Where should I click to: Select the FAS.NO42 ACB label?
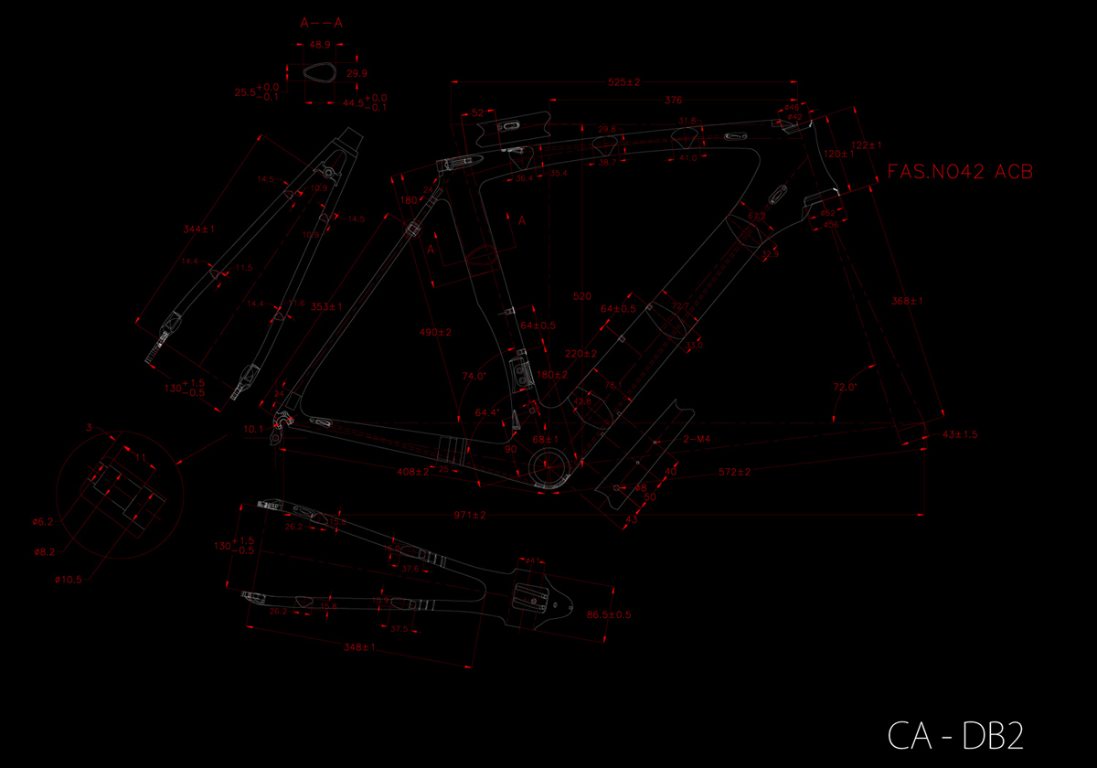click(961, 172)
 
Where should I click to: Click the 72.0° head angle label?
click(845, 387)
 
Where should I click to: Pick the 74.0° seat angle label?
click(475, 376)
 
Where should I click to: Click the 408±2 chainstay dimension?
click(412, 472)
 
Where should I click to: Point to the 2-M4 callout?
click(697, 440)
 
